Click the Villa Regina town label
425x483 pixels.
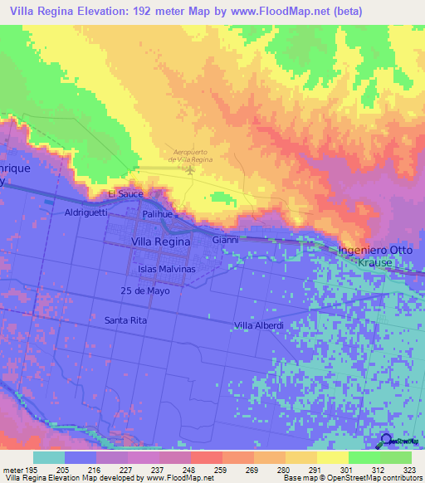161,241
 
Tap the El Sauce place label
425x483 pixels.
126,193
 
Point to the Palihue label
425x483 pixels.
157,214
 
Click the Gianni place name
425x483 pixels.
226,240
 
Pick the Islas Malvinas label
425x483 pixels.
166,270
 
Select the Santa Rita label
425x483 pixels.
127,320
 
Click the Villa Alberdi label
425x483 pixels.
259,325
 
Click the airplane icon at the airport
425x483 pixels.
191,171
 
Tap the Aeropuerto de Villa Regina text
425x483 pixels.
190,155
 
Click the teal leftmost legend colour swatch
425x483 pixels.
48,458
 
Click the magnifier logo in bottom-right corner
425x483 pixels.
387,440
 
